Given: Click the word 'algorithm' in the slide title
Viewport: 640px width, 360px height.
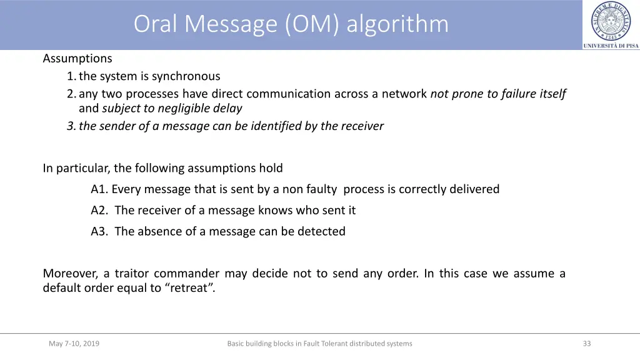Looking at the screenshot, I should coord(397,24).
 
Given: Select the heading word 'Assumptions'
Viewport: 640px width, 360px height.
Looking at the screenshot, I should coord(77,59).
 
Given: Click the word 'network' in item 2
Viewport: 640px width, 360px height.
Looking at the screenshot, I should coord(404,94).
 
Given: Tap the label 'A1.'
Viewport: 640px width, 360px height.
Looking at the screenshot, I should coord(99,189).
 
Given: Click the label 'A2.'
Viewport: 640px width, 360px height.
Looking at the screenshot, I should coord(100,210).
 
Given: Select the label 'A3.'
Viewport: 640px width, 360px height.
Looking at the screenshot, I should coord(100,231).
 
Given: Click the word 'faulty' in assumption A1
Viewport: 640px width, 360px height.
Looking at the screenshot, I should coord(322,189).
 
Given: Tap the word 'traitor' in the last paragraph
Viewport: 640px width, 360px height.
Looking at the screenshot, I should coord(130,274).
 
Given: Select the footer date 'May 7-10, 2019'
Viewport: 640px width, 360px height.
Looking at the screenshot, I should coord(74,343).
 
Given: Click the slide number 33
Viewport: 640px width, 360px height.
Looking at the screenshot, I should coord(586,343).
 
